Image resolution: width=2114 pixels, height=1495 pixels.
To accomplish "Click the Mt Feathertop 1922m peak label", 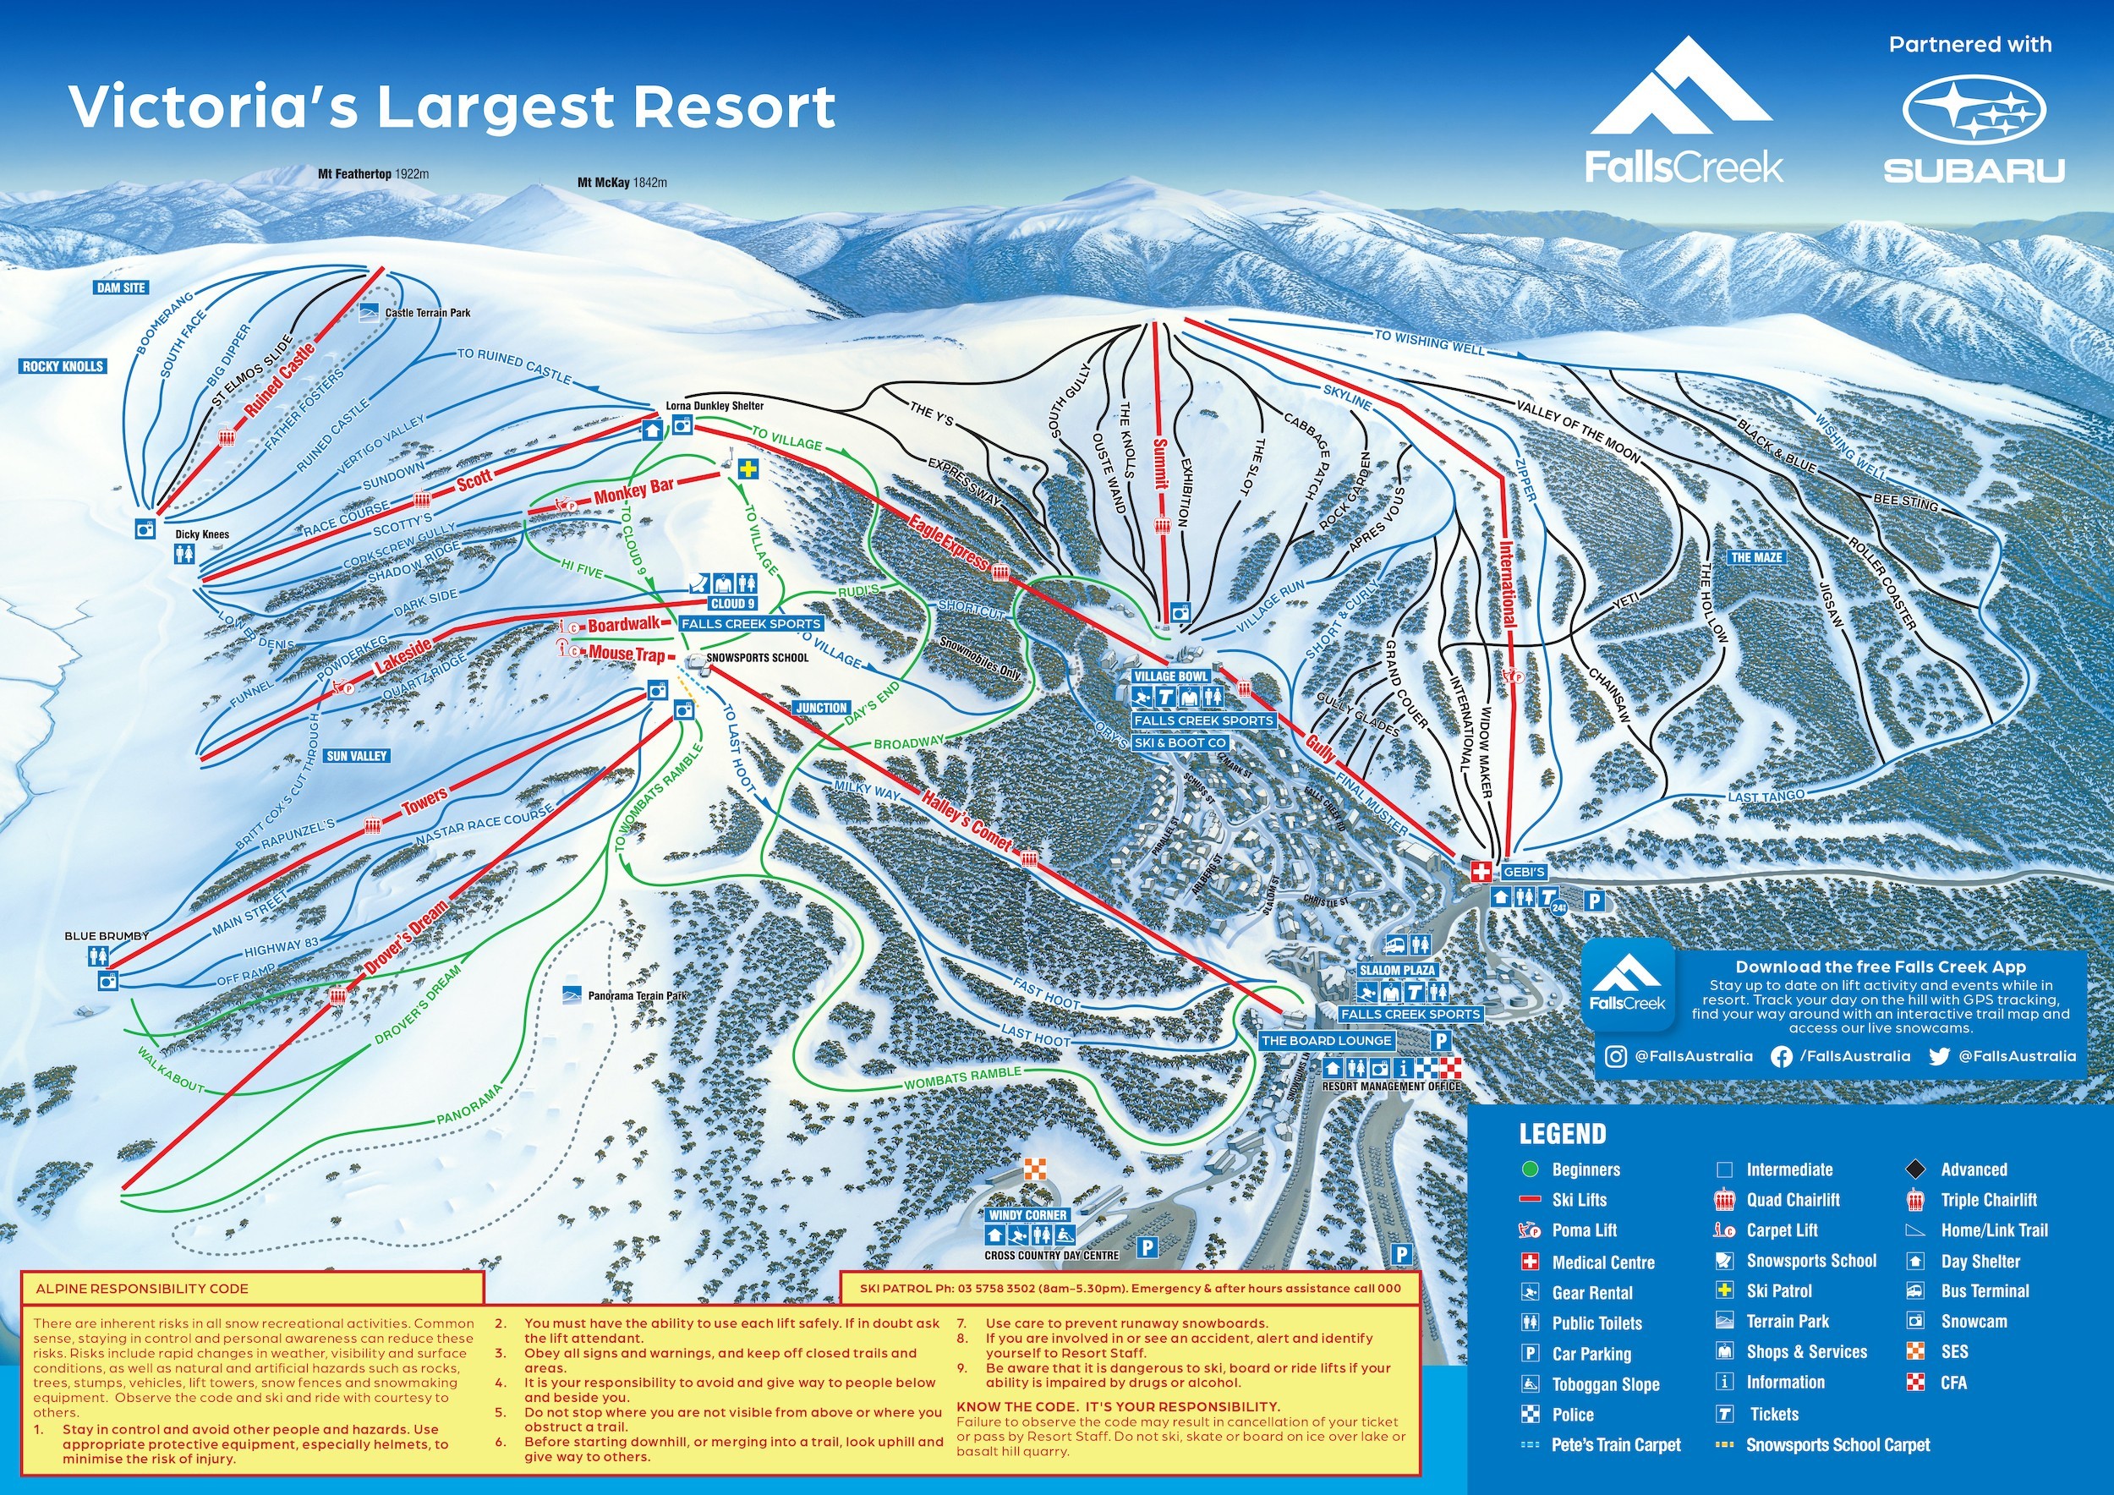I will coord(373,173).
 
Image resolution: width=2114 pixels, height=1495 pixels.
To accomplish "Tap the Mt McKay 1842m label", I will coord(622,183).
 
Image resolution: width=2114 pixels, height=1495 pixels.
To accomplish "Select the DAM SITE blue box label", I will coord(122,288).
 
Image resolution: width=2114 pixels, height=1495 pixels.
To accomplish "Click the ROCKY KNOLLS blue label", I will coord(63,366).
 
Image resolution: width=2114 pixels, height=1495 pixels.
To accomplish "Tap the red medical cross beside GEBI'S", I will coord(1481,871).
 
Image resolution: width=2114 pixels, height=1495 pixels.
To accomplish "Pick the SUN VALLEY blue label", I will coord(357,756).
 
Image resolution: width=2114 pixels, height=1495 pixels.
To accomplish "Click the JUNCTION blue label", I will coord(822,708).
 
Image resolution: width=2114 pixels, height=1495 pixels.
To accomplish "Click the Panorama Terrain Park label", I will coord(637,996).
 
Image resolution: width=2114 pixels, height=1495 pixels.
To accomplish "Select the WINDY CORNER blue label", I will coord(1027,1215).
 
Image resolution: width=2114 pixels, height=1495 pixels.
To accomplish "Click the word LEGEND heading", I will coord(1563,1134).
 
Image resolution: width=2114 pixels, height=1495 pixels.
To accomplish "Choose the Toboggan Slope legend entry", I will coord(1605,1384).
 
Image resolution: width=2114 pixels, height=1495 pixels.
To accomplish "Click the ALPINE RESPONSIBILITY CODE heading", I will coord(142,1289).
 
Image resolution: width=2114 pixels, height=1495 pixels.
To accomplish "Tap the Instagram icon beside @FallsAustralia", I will coord(1616,1057).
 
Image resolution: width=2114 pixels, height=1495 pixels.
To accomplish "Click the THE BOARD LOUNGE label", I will coord(1326,1040).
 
